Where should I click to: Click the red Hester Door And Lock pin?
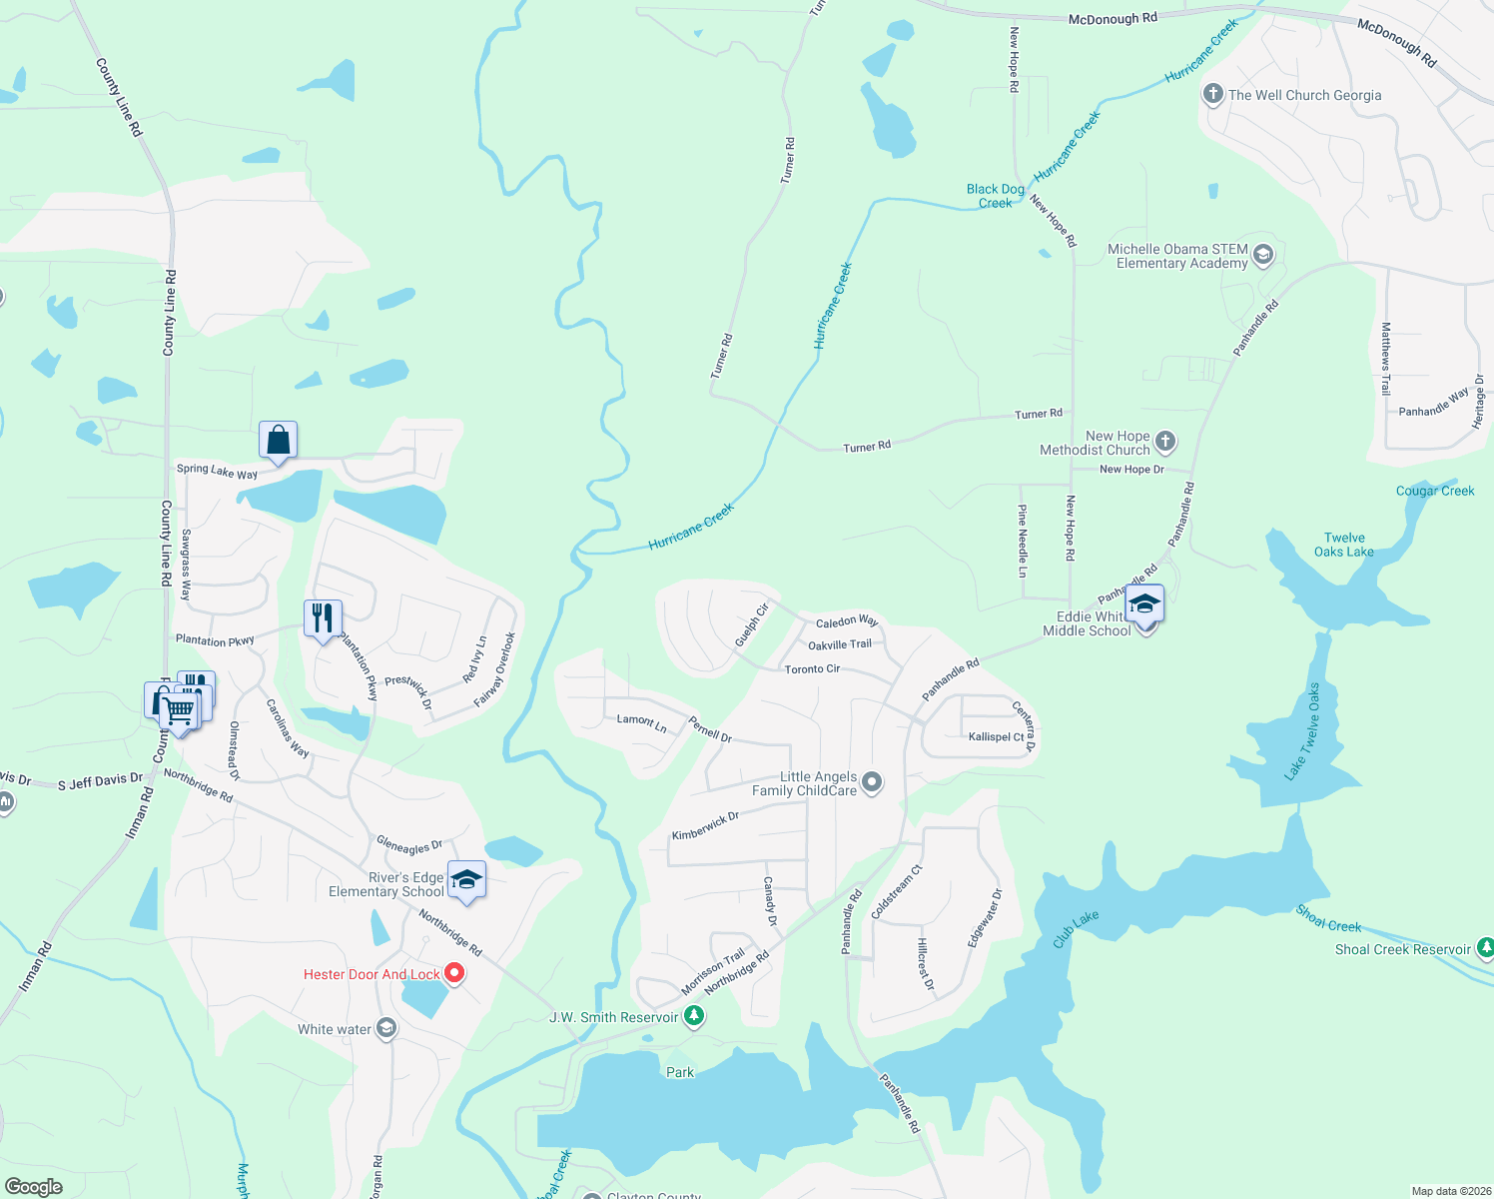[454, 973]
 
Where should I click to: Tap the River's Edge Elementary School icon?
[466, 879]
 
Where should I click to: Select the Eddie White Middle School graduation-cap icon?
[1144, 604]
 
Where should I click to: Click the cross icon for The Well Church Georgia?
[1212, 95]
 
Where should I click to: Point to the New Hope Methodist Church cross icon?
[1165, 442]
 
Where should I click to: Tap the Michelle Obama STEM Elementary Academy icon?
[1262, 256]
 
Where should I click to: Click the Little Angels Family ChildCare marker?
[872, 782]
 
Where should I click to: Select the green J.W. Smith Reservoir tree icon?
[694, 1017]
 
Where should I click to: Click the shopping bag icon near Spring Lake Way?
[278, 440]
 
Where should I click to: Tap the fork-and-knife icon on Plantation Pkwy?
[323, 618]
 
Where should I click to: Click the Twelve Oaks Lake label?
[1343, 545]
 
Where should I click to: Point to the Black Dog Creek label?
[995, 196]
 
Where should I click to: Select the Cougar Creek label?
[1434, 491]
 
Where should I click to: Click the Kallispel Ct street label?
[996, 736]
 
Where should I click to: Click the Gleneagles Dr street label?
[409, 845]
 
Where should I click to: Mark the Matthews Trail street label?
[1385, 358]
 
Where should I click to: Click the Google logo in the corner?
[33, 1187]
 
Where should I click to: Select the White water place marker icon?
[386, 1029]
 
